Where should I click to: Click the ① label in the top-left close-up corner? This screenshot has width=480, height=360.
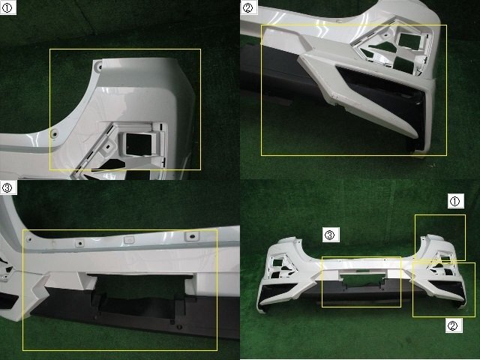tap(7, 8)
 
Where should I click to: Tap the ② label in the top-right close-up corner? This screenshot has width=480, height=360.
tap(247, 8)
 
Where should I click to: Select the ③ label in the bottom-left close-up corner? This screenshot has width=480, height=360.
tap(7, 187)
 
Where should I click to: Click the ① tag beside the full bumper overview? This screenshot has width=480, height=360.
tap(455, 201)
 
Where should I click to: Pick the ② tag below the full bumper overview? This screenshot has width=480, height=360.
tap(454, 325)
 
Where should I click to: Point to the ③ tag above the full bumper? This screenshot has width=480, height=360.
tap(331, 235)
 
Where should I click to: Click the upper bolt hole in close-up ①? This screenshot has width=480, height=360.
tap(98, 65)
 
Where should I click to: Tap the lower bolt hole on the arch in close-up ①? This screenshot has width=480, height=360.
tap(54, 133)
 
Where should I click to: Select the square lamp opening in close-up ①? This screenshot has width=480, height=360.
tap(139, 144)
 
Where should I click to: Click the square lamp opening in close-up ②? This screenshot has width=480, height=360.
tap(410, 42)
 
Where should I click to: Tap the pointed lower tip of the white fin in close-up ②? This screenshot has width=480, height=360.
tap(415, 136)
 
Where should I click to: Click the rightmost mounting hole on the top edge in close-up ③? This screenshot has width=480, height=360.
tap(192, 236)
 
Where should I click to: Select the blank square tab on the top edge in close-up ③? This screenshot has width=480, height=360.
tap(129, 240)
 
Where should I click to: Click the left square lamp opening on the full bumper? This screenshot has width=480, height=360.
tap(278, 262)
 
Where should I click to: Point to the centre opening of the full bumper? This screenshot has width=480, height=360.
tap(361, 279)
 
